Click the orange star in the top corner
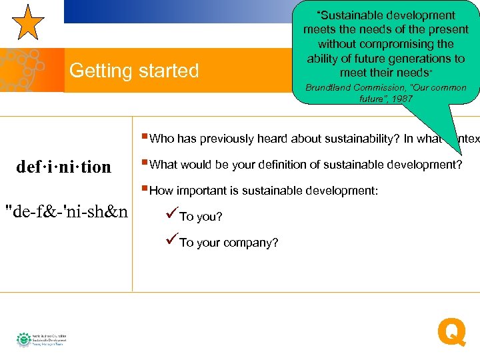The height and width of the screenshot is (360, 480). pyautogui.click(x=29, y=22)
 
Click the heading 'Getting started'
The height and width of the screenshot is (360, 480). pyautogui.click(x=134, y=71)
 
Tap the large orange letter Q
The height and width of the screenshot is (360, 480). pyautogui.click(x=451, y=332)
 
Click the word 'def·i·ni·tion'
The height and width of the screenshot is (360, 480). pyautogui.click(x=64, y=167)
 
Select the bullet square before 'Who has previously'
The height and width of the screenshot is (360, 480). pyautogui.click(x=145, y=137)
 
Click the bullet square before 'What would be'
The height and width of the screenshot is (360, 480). pyautogui.click(x=145, y=163)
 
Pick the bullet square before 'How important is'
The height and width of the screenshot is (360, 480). pyautogui.click(x=145, y=189)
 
